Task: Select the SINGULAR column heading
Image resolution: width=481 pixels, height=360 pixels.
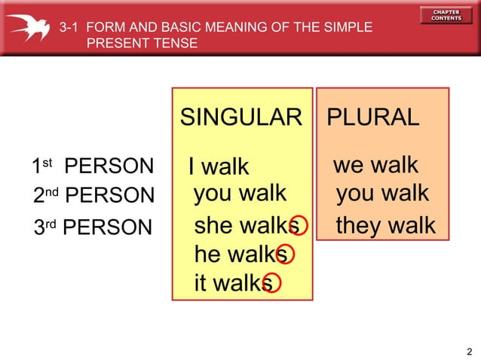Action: (x=240, y=117)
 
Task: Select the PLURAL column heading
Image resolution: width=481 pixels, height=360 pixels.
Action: (x=372, y=117)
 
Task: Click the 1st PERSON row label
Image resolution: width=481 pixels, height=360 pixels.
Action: (x=92, y=166)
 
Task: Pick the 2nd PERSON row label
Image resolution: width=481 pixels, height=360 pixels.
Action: (x=93, y=195)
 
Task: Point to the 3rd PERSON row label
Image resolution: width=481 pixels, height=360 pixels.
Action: (x=93, y=227)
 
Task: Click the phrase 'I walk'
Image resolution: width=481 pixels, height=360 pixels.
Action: (x=219, y=166)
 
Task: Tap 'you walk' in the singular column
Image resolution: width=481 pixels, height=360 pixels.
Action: (x=240, y=194)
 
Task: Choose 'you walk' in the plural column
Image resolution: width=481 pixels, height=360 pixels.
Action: (x=382, y=194)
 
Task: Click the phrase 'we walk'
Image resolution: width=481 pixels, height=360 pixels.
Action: (x=375, y=165)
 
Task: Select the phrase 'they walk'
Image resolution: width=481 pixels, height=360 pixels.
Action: (x=385, y=224)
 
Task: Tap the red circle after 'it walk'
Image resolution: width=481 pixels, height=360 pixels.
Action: (x=271, y=283)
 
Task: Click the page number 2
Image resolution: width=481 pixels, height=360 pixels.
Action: (x=469, y=351)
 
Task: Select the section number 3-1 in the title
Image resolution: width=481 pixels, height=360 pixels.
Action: (x=69, y=28)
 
